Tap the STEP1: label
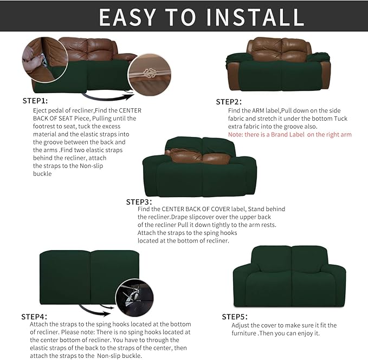tap(35, 101)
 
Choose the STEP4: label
tap(31, 316)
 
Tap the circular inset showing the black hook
tap(134, 297)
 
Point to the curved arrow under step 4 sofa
tap(95, 309)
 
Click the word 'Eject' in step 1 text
tap(41, 110)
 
